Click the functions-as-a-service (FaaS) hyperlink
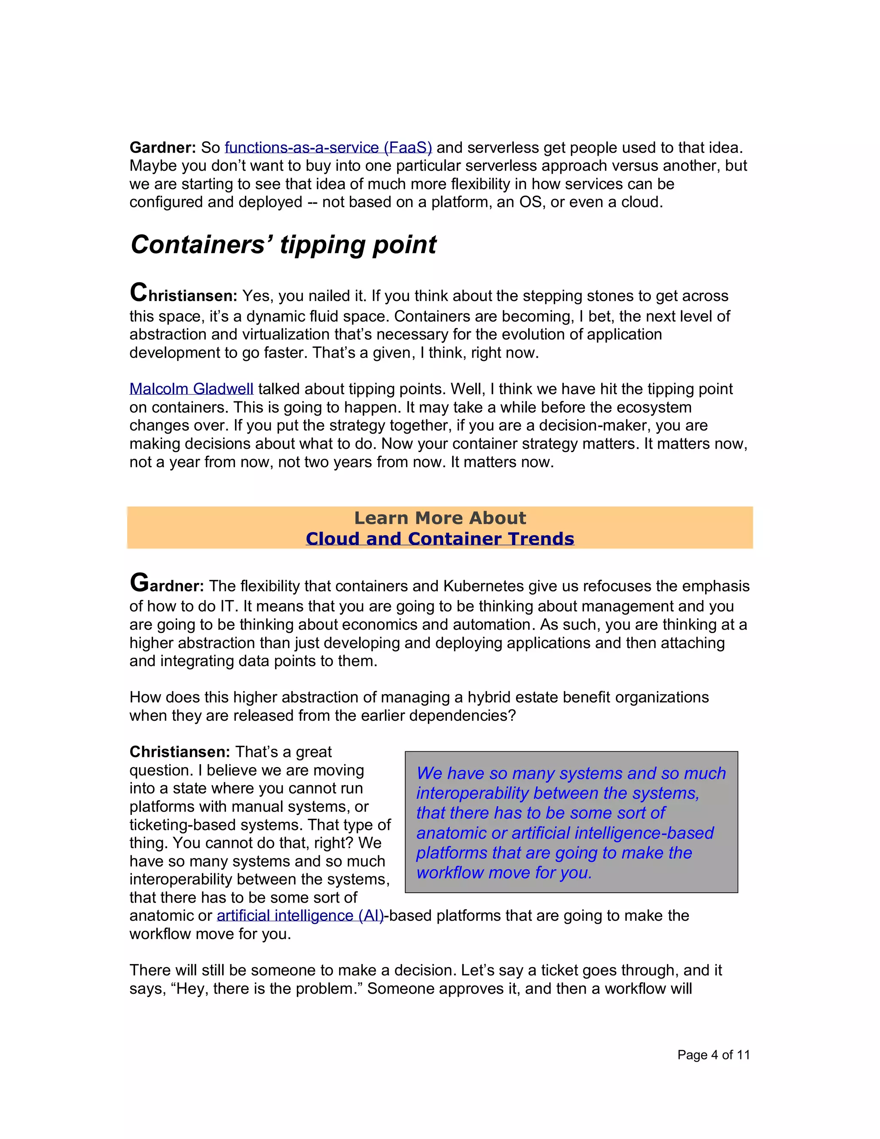coord(328,148)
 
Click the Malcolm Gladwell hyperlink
coord(191,389)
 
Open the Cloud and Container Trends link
coord(440,539)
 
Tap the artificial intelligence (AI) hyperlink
coord(300,916)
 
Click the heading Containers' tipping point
coord(283,245)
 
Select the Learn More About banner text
coord(440,518)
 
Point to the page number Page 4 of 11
coord(713,1055)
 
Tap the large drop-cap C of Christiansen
coord(139,293)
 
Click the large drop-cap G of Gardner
coord(139,583)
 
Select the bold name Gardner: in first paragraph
coord(162,148)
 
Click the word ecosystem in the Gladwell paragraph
coord(655,407)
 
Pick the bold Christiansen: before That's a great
coord(179,752)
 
